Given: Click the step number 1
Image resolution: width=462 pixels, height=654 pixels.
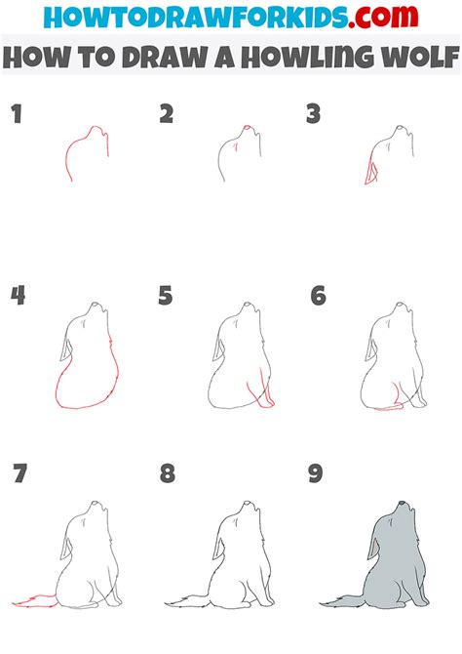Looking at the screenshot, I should click(x=15, y=115).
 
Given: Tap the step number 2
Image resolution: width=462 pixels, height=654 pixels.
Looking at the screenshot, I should click(x=167, y=115).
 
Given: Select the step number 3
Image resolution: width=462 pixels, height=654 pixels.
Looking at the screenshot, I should click(x=314, y=115).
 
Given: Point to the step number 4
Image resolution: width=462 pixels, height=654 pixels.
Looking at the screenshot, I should click(x=17, y=295).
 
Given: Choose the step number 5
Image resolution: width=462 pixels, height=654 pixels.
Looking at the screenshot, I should click(x=167, y=295).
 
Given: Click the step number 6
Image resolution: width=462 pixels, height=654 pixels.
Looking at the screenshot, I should click(x=318, y=295).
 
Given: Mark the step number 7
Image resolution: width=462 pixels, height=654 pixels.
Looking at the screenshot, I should click(x=19, y=475).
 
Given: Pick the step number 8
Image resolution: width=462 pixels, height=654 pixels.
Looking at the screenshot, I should click(x=168, y=475).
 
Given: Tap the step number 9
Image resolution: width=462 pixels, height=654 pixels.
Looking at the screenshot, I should click(x=315, y=475).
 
